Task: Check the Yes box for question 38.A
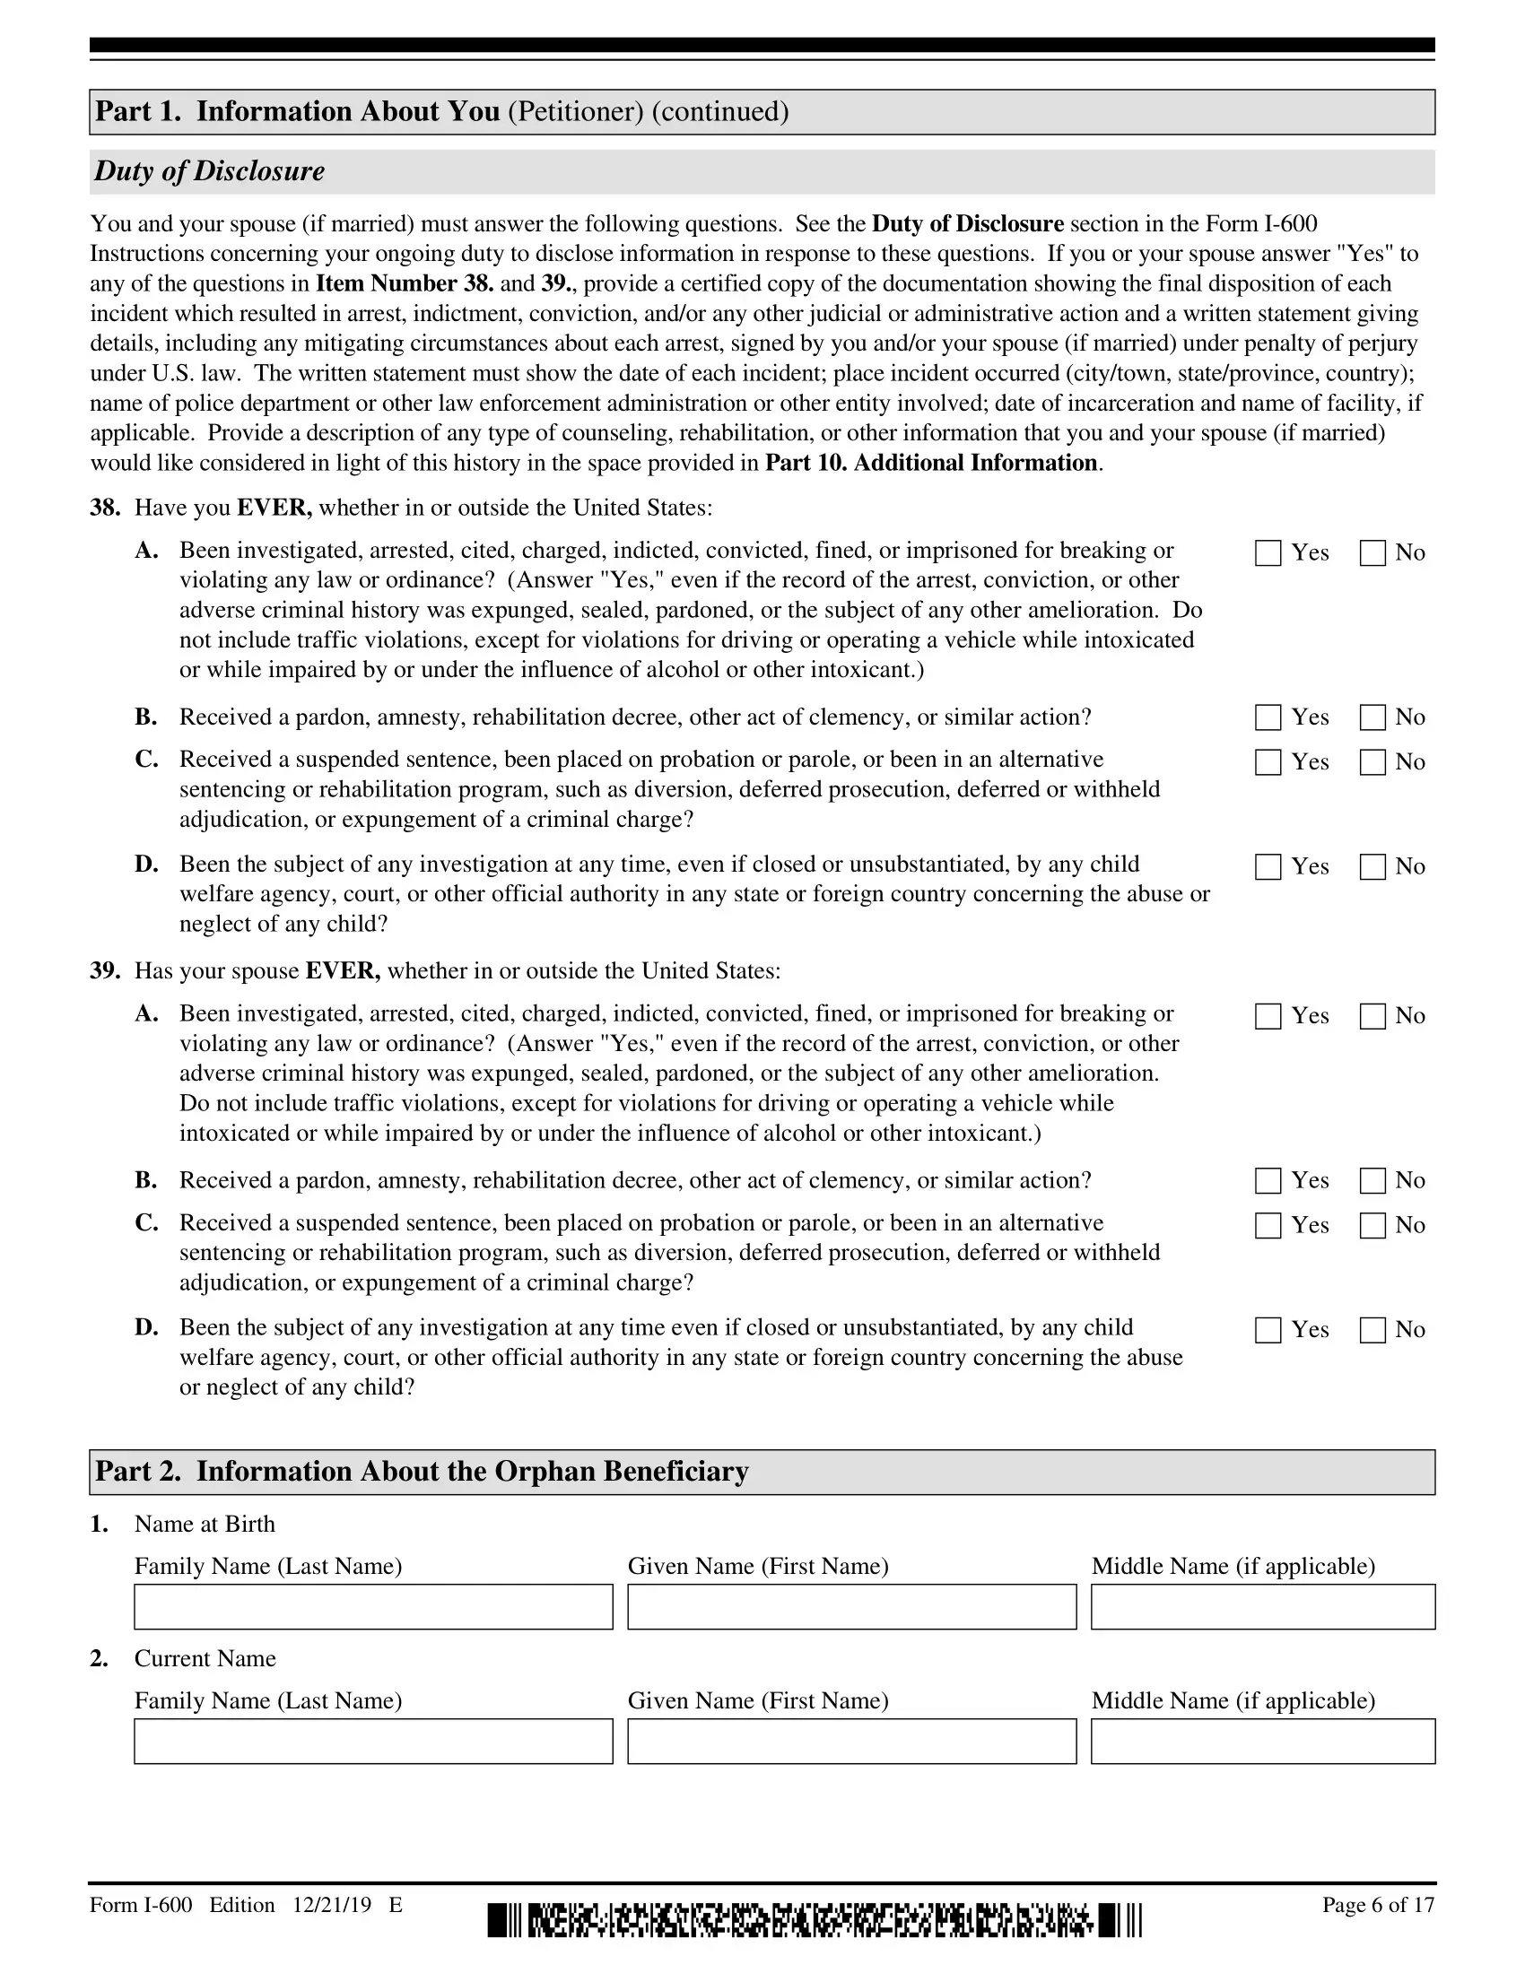pos(1268,552)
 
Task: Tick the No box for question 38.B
pos(1372,717)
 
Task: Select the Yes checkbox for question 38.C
pos(1268,762)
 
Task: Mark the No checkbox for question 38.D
pos(1372,867)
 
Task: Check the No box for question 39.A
pos(1372,1016)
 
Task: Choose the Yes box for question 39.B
pos(1268,1181)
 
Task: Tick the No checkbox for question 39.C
pos(1372,1226)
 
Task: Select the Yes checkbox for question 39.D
pos(1268,1330)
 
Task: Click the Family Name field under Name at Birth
pos(373,1606)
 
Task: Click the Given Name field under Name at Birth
pos(851,1606)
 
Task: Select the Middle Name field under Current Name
pos(1262,1741)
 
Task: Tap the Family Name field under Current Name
pos(373,1741)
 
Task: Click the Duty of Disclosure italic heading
pos(210,171)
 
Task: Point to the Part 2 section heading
pos(422,1472)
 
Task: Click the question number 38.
pos(105,508)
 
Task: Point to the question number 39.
pos(105,971)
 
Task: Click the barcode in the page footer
pos(814,1920)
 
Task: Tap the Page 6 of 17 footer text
pos(1378,1904)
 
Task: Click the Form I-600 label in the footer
pos(141,1904)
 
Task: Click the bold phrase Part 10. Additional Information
pos(931,464)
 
